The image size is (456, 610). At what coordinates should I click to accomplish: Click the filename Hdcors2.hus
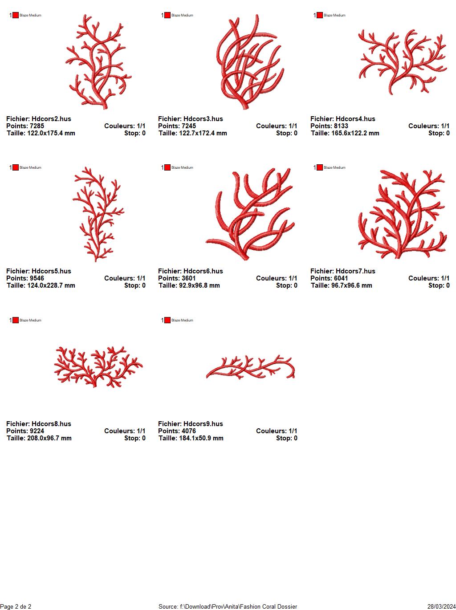click(51, 119)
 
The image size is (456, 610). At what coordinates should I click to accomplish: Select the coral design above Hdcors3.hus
click(250, 62)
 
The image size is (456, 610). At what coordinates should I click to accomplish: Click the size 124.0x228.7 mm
click(51, 285)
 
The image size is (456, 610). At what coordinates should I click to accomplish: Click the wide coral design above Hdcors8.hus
click(98, 366)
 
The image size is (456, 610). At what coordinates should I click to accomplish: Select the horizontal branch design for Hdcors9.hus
click(250, 367)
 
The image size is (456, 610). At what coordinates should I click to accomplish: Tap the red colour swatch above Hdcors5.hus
click(16, 167)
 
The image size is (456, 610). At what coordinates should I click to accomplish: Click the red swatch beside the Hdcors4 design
click(320, 15)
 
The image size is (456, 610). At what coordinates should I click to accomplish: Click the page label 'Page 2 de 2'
click(16, 606)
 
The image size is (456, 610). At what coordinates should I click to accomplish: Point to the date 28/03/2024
click(442, 606)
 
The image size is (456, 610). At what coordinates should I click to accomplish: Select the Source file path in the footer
click(228, 606)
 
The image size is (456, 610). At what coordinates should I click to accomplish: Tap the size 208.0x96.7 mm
click(49, 438)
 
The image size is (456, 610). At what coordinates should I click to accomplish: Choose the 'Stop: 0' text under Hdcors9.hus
click(286, 438)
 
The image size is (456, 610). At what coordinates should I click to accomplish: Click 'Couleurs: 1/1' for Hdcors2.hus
click(125, 126)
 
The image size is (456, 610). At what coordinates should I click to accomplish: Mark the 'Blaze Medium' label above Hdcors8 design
click(30, 320)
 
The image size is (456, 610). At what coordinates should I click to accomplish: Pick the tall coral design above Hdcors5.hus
click(98, 214)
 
